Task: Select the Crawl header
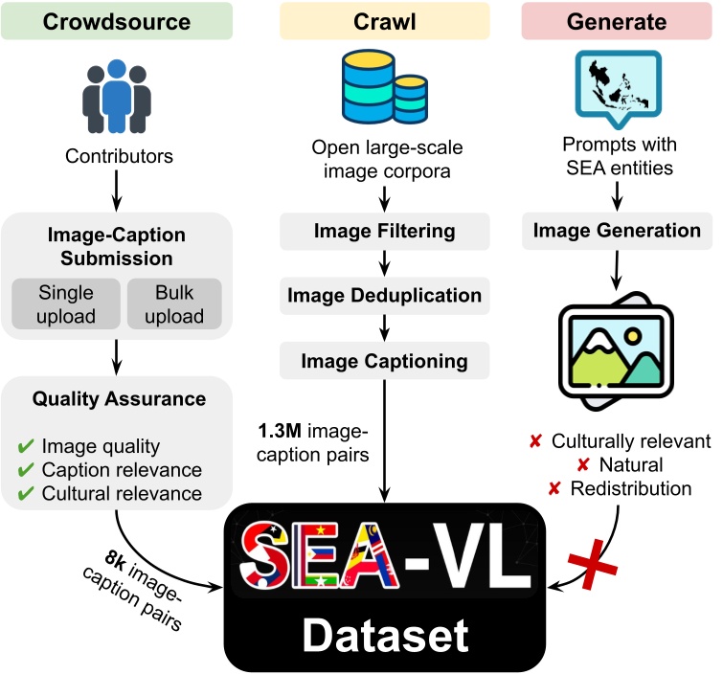coord(383,19)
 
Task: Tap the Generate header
coord(620,19)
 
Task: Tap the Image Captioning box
coord(383,361)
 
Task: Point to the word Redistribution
coord(632,489)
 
